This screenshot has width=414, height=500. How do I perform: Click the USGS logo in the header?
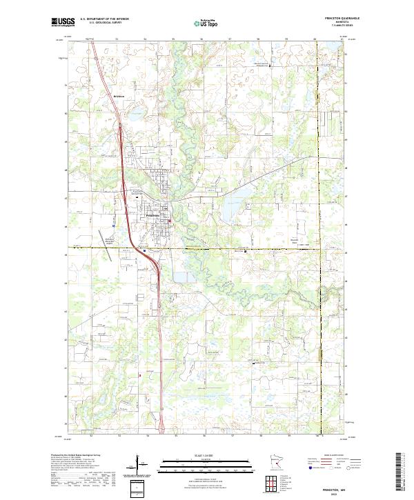pyautogui.click(x=62, y=22)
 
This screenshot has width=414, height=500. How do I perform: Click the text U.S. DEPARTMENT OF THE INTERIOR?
pyautogui.click(x=104, y=19)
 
